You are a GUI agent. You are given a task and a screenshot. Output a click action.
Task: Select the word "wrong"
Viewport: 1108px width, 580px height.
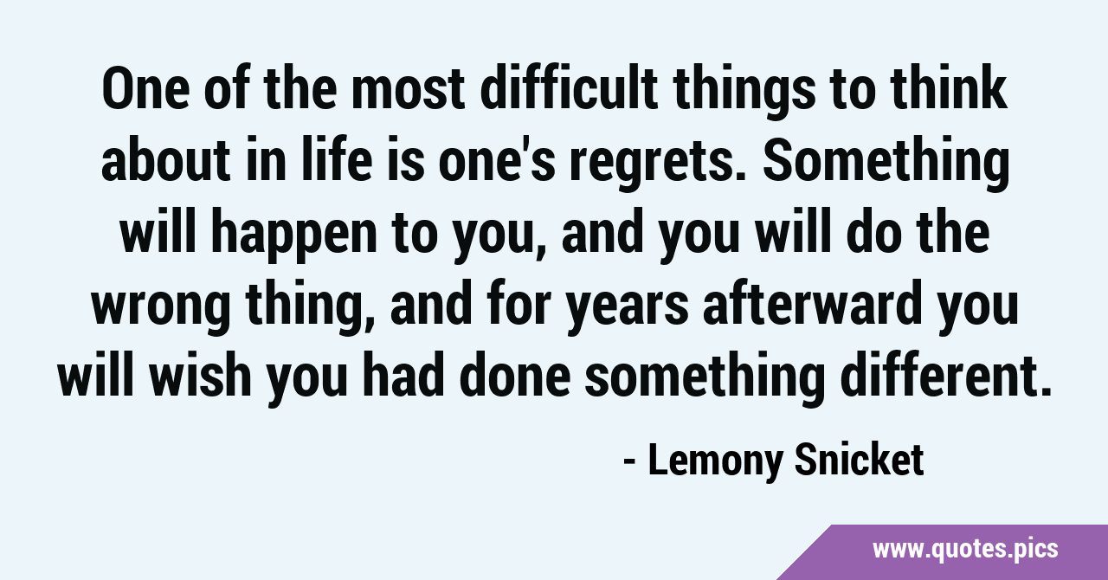[161, 309]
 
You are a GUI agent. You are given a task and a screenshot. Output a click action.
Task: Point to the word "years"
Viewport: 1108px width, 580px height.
[628, 309]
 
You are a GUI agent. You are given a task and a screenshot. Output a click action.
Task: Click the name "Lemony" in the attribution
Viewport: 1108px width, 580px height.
[715, 461]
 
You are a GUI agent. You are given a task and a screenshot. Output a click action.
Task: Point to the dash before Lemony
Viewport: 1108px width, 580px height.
[629, 462]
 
